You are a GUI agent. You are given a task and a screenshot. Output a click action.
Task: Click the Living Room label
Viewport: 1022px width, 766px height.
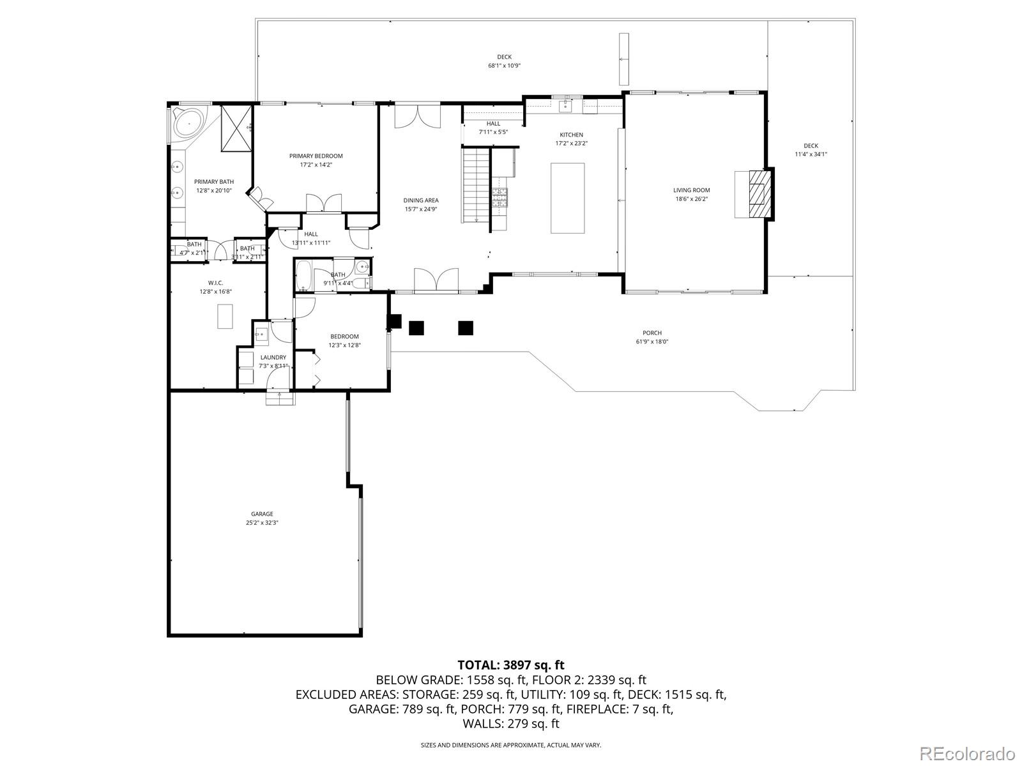pyautogui.click(x=691, y=190)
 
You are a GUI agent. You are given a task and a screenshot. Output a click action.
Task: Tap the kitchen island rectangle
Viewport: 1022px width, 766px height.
pyautogui.click(x=567, y=198)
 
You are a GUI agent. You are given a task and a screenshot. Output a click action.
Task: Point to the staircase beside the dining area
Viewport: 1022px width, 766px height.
pyautogui.click(x=475, y=185)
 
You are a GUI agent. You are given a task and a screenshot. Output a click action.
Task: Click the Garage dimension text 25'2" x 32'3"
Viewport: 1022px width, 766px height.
pyautogui.click(x=262, y=522)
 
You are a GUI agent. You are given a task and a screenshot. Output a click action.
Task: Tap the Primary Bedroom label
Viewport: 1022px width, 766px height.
pyautogui.click(x=316, y=156)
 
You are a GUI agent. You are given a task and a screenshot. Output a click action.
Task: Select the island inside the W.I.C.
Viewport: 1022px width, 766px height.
pyautogui.click(x=225, y=316)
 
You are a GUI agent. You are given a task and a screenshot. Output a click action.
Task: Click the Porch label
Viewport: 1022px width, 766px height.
pyautogui.click(x=652, y=333)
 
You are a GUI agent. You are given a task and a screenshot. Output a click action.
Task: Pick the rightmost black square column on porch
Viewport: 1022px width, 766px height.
pyautogui.click(x=466, y=328)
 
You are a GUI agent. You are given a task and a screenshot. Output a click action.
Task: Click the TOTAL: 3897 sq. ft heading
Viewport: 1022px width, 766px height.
pyautogui.click(x=510, y=665)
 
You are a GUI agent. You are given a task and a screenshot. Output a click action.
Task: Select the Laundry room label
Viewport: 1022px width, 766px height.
pyautogui.click(x=273, y=357)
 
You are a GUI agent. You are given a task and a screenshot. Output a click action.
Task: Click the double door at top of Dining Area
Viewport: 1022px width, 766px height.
pyautogui.click(x=417, y=116)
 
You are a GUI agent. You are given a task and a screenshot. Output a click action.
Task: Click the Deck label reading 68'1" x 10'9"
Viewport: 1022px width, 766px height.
pyautogui.click(x=504, y=57)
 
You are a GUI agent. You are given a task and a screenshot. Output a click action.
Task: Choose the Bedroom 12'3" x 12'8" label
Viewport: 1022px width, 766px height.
pyautogui.click(x=344, y=336)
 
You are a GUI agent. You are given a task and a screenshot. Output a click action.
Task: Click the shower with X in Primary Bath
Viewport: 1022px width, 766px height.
pyautogui.click(x=236, y=128)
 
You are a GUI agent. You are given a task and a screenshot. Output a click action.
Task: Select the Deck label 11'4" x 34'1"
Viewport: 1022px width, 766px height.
pyautogui.click(x=811, y=146)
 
